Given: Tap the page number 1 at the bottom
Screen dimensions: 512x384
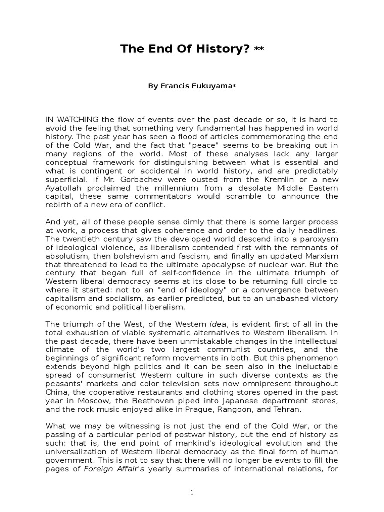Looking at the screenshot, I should pos(192,492).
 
